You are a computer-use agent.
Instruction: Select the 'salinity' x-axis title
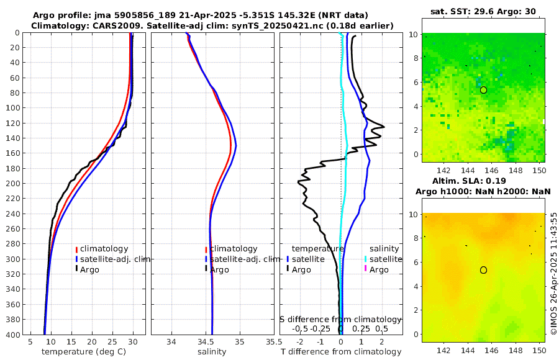212,352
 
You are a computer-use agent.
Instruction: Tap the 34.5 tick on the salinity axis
212,341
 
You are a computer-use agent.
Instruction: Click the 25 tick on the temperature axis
112,341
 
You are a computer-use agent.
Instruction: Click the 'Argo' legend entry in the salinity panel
220,270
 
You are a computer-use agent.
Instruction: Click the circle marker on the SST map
483,90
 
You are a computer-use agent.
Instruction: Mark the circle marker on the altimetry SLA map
483,270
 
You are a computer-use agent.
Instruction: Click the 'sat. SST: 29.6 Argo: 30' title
483,11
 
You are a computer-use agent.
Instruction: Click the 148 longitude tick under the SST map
515,170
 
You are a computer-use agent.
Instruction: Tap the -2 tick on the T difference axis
301,341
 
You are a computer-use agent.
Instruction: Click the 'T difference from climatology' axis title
340,352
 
